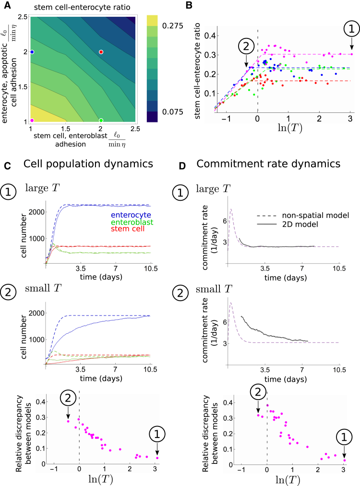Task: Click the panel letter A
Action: pos(7,6)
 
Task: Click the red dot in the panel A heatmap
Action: pos(101,52)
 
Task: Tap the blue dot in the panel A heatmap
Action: pos(32,52)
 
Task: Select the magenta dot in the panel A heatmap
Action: pos(32,120)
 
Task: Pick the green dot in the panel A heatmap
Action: pos(101,120)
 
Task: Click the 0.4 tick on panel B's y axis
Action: pos(204,36)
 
